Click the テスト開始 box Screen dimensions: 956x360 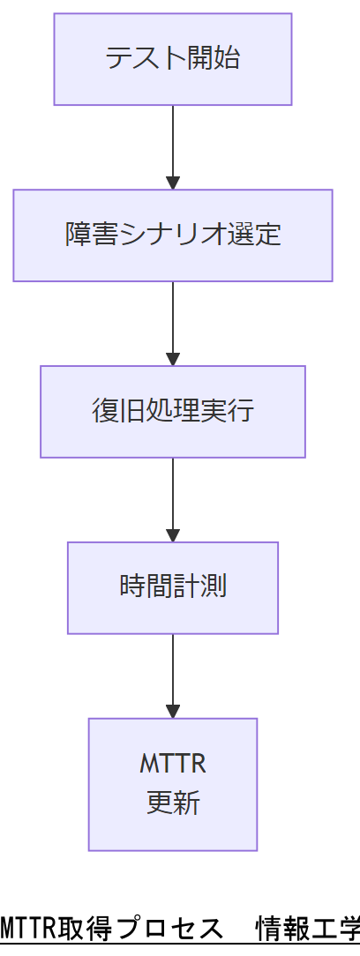(173, 59)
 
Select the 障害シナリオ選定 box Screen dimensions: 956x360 (173, 235)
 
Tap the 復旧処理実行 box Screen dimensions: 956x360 (173, 412)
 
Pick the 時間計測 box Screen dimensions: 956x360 (173, 587)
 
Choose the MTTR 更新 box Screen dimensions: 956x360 (173, 784)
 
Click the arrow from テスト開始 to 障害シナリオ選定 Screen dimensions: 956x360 (173, 146)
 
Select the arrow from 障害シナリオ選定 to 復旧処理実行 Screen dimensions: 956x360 (173, 323)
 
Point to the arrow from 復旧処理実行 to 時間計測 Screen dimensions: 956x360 (173, 499)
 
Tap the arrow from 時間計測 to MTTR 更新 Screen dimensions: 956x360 (173, 675)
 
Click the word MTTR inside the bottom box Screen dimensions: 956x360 (173, 764)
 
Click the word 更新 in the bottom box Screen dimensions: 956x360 (173, 803)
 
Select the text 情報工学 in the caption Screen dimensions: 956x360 (308, 929)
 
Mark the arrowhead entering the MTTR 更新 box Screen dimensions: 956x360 (173, 711)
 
